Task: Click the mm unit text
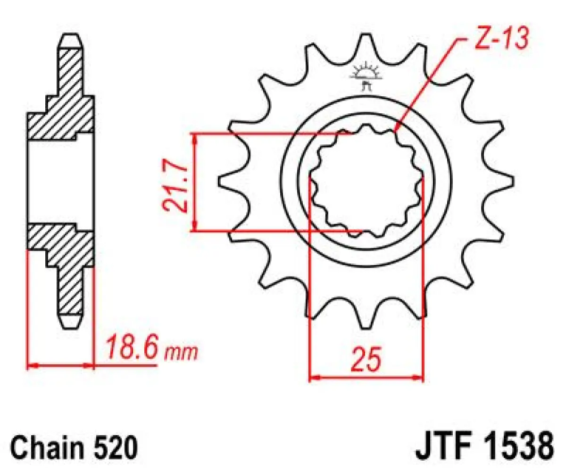click(x=180, y=352)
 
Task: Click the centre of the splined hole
click(x=366, y=182)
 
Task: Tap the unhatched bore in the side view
click(x=61, y=182)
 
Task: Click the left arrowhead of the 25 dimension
click(x=313, y=378)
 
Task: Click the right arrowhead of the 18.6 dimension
click(x=91, y=365)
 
